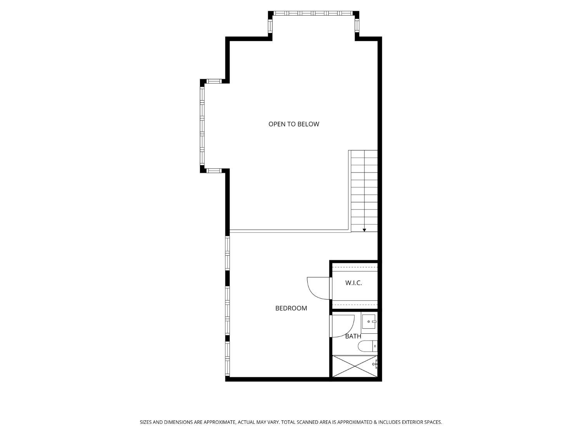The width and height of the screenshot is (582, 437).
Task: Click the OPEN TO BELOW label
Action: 294,124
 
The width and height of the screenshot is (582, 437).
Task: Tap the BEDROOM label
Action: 291,308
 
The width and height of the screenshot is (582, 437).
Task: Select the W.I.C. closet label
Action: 353,283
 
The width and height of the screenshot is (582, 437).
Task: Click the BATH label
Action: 353,336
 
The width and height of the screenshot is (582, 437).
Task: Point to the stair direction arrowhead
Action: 364,230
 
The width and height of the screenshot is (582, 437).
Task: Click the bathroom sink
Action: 369,322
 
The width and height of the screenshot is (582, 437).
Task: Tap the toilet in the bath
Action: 367,346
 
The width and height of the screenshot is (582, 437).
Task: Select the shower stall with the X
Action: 354,366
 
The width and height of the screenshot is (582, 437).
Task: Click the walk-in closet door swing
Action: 319,288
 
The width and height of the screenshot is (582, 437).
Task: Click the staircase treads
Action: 364,190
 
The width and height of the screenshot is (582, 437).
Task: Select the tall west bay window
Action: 202,125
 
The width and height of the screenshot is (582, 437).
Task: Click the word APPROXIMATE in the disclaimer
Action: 220,422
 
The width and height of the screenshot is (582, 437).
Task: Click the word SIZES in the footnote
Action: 146,422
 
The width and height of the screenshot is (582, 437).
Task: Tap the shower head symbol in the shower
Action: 375,364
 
